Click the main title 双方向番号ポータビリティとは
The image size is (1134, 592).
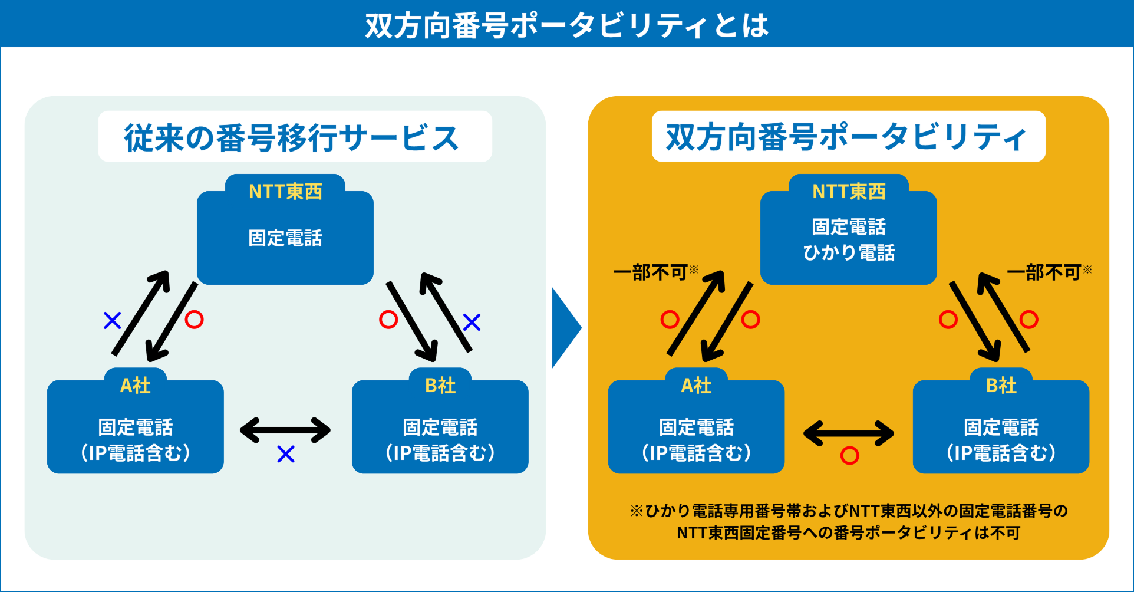(566, 25)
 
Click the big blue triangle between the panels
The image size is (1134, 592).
(564, 328)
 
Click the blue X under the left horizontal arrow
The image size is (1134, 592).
(286, 454)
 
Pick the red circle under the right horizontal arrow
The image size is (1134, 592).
(849, 455)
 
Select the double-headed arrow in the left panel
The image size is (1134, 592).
(285, 430)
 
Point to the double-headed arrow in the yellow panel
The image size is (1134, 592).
(849, 434)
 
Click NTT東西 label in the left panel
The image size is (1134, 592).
(285, 191)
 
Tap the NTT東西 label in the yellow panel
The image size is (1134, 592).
(849, 191)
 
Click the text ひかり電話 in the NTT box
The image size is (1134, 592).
(849, 253)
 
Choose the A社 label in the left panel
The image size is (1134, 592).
(136, 385)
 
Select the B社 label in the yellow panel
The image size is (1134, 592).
(1001, 385)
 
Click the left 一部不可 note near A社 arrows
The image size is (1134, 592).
(651, 272)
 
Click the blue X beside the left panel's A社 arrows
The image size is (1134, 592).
(112, 321)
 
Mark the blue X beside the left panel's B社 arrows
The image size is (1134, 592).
(472, 322)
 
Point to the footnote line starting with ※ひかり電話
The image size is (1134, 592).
(849, 511)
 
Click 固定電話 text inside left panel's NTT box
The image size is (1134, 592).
(285, 238)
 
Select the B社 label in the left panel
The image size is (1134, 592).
(440, 385)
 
